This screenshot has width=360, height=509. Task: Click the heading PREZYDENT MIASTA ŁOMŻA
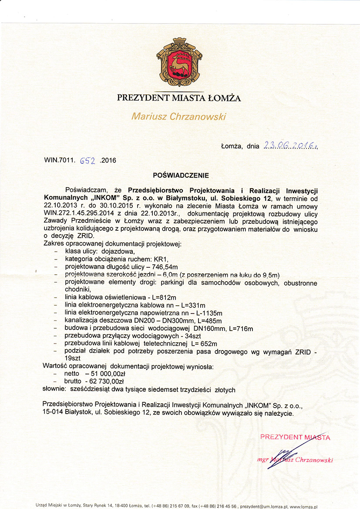179,98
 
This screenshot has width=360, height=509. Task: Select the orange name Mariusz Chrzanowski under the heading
179,116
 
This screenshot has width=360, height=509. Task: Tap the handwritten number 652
88,160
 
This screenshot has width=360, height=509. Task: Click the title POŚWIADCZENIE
181,175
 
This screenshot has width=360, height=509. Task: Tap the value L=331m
191,305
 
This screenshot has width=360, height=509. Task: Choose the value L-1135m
205,313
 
